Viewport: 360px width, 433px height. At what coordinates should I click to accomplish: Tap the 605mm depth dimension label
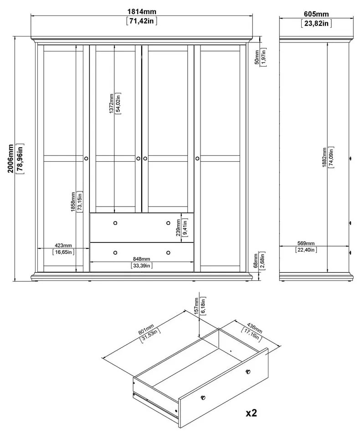(x=316, y=15)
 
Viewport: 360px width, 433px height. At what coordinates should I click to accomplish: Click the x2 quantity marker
(x=252, y=413)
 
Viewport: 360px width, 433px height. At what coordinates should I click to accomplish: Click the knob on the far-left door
(x=86, y=158)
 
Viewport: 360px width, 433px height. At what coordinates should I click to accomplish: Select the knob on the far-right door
(x=197, y=158)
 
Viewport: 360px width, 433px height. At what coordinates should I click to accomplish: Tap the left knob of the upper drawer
(x=115, y=223)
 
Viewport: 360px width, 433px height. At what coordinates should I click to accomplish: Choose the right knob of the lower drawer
(x=168, y=253)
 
